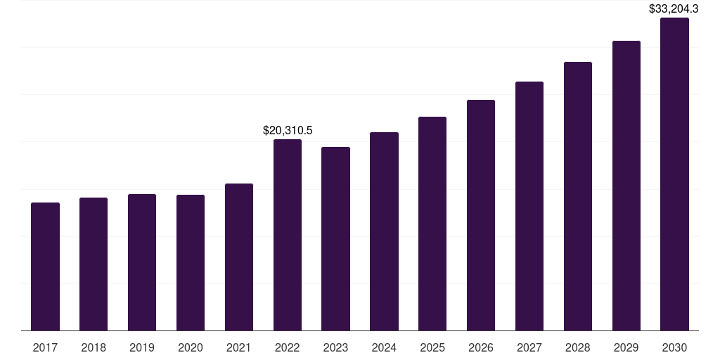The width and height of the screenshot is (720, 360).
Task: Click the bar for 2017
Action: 46,266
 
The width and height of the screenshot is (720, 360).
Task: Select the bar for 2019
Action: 142,262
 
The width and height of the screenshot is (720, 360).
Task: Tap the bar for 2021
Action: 239,257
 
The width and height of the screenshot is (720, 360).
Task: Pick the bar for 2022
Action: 288,235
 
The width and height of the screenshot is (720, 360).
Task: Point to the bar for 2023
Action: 335,239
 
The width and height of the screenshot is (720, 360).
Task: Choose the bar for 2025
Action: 432,224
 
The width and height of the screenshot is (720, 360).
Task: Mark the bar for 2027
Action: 529,206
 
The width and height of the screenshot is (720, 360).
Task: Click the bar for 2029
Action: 626,186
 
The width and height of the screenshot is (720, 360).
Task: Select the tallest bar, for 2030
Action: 674,174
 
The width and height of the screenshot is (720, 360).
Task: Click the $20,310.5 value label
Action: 288,130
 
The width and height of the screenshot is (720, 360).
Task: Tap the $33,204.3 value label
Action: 674,8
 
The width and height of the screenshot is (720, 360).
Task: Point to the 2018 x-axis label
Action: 94,347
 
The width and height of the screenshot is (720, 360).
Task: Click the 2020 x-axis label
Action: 190,347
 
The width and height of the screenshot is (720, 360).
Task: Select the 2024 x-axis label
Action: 384,347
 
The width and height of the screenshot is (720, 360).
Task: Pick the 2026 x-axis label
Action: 481,347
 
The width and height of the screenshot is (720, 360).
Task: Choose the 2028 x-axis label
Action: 578,347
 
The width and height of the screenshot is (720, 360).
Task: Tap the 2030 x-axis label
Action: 674,347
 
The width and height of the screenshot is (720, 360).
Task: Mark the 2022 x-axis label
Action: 288,347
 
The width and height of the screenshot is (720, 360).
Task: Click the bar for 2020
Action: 191,263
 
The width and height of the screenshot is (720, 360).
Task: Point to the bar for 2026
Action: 481,215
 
